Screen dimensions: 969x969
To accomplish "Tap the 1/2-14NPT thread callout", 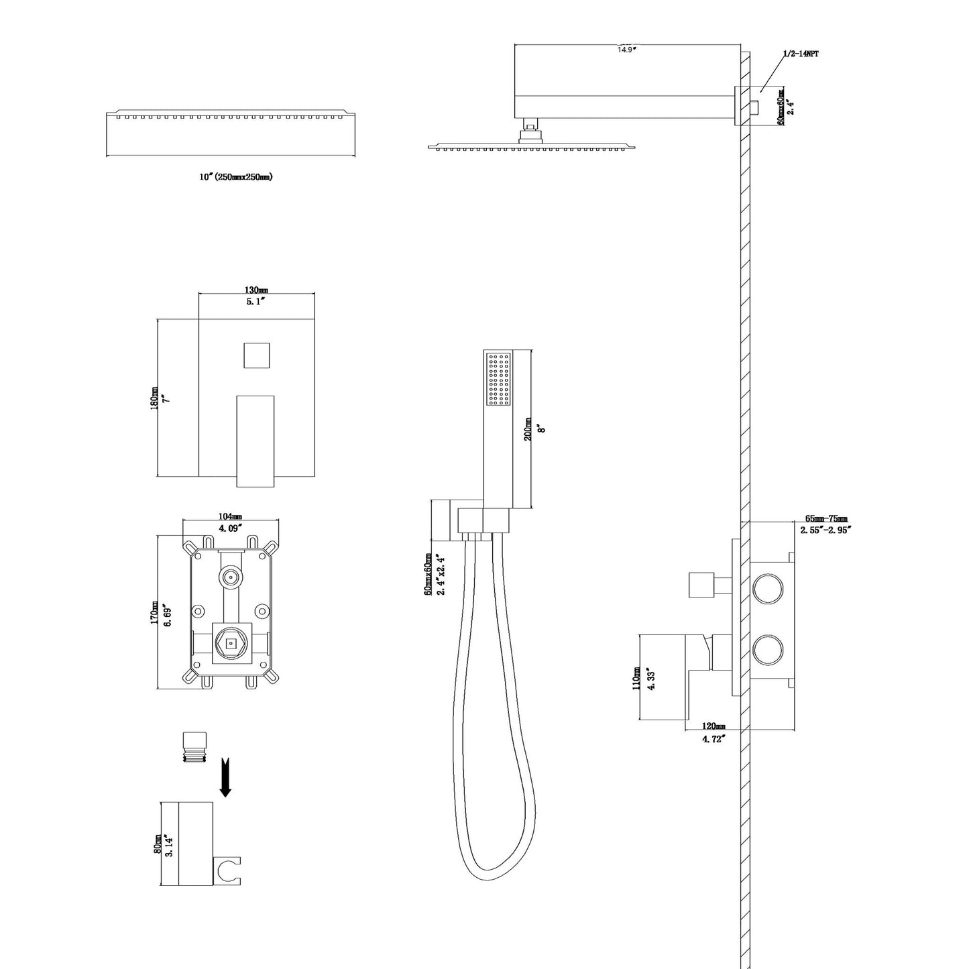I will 800,54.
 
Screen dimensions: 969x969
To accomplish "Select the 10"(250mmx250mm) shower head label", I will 236,177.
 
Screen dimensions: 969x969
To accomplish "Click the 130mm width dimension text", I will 255,290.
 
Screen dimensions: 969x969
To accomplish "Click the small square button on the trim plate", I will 256,355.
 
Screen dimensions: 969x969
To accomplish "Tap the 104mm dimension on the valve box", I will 230,516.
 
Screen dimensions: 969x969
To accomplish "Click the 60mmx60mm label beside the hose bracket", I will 428,576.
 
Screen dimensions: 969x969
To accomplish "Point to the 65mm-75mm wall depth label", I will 826,519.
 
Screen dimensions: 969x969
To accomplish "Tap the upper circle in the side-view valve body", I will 767,587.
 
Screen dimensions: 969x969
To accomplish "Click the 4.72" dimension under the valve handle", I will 714,739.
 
